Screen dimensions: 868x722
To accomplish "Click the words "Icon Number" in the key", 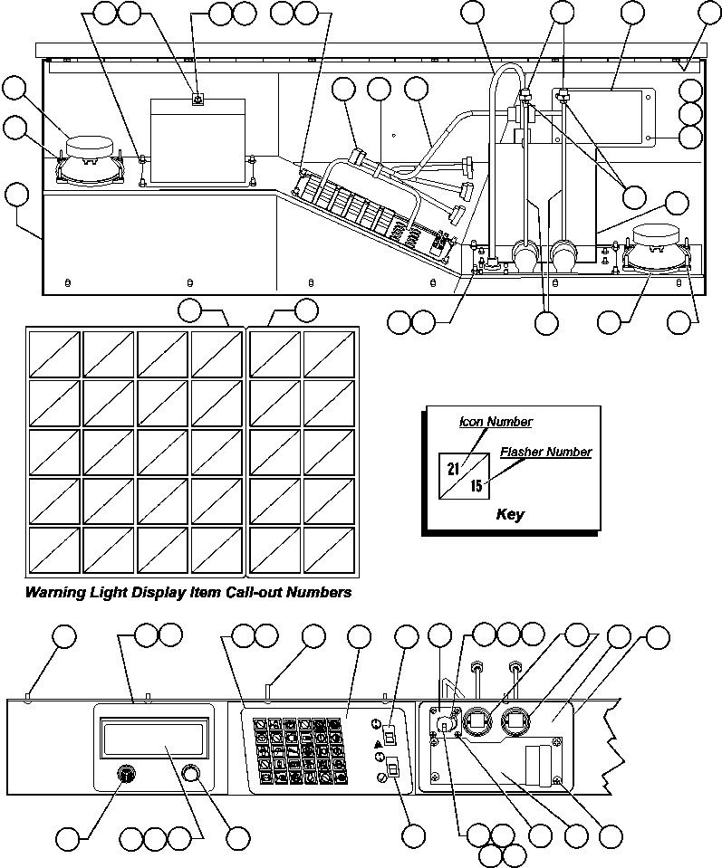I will click(496, 422).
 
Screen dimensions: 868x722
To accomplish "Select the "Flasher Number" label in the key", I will click(545, 452).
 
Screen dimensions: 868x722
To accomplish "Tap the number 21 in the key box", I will click(455, 468).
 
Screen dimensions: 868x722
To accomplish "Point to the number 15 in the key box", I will click(476, 486).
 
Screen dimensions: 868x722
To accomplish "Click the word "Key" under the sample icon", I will click(510, 515).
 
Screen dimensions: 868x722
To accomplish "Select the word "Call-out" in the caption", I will click(255, 594).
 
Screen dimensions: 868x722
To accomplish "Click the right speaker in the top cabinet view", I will click(659, 248).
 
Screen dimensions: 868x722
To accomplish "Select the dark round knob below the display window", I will click(127, 775).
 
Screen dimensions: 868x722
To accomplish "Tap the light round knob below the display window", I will click(189, 774).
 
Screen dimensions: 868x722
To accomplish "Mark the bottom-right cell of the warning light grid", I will click(328, 548).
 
